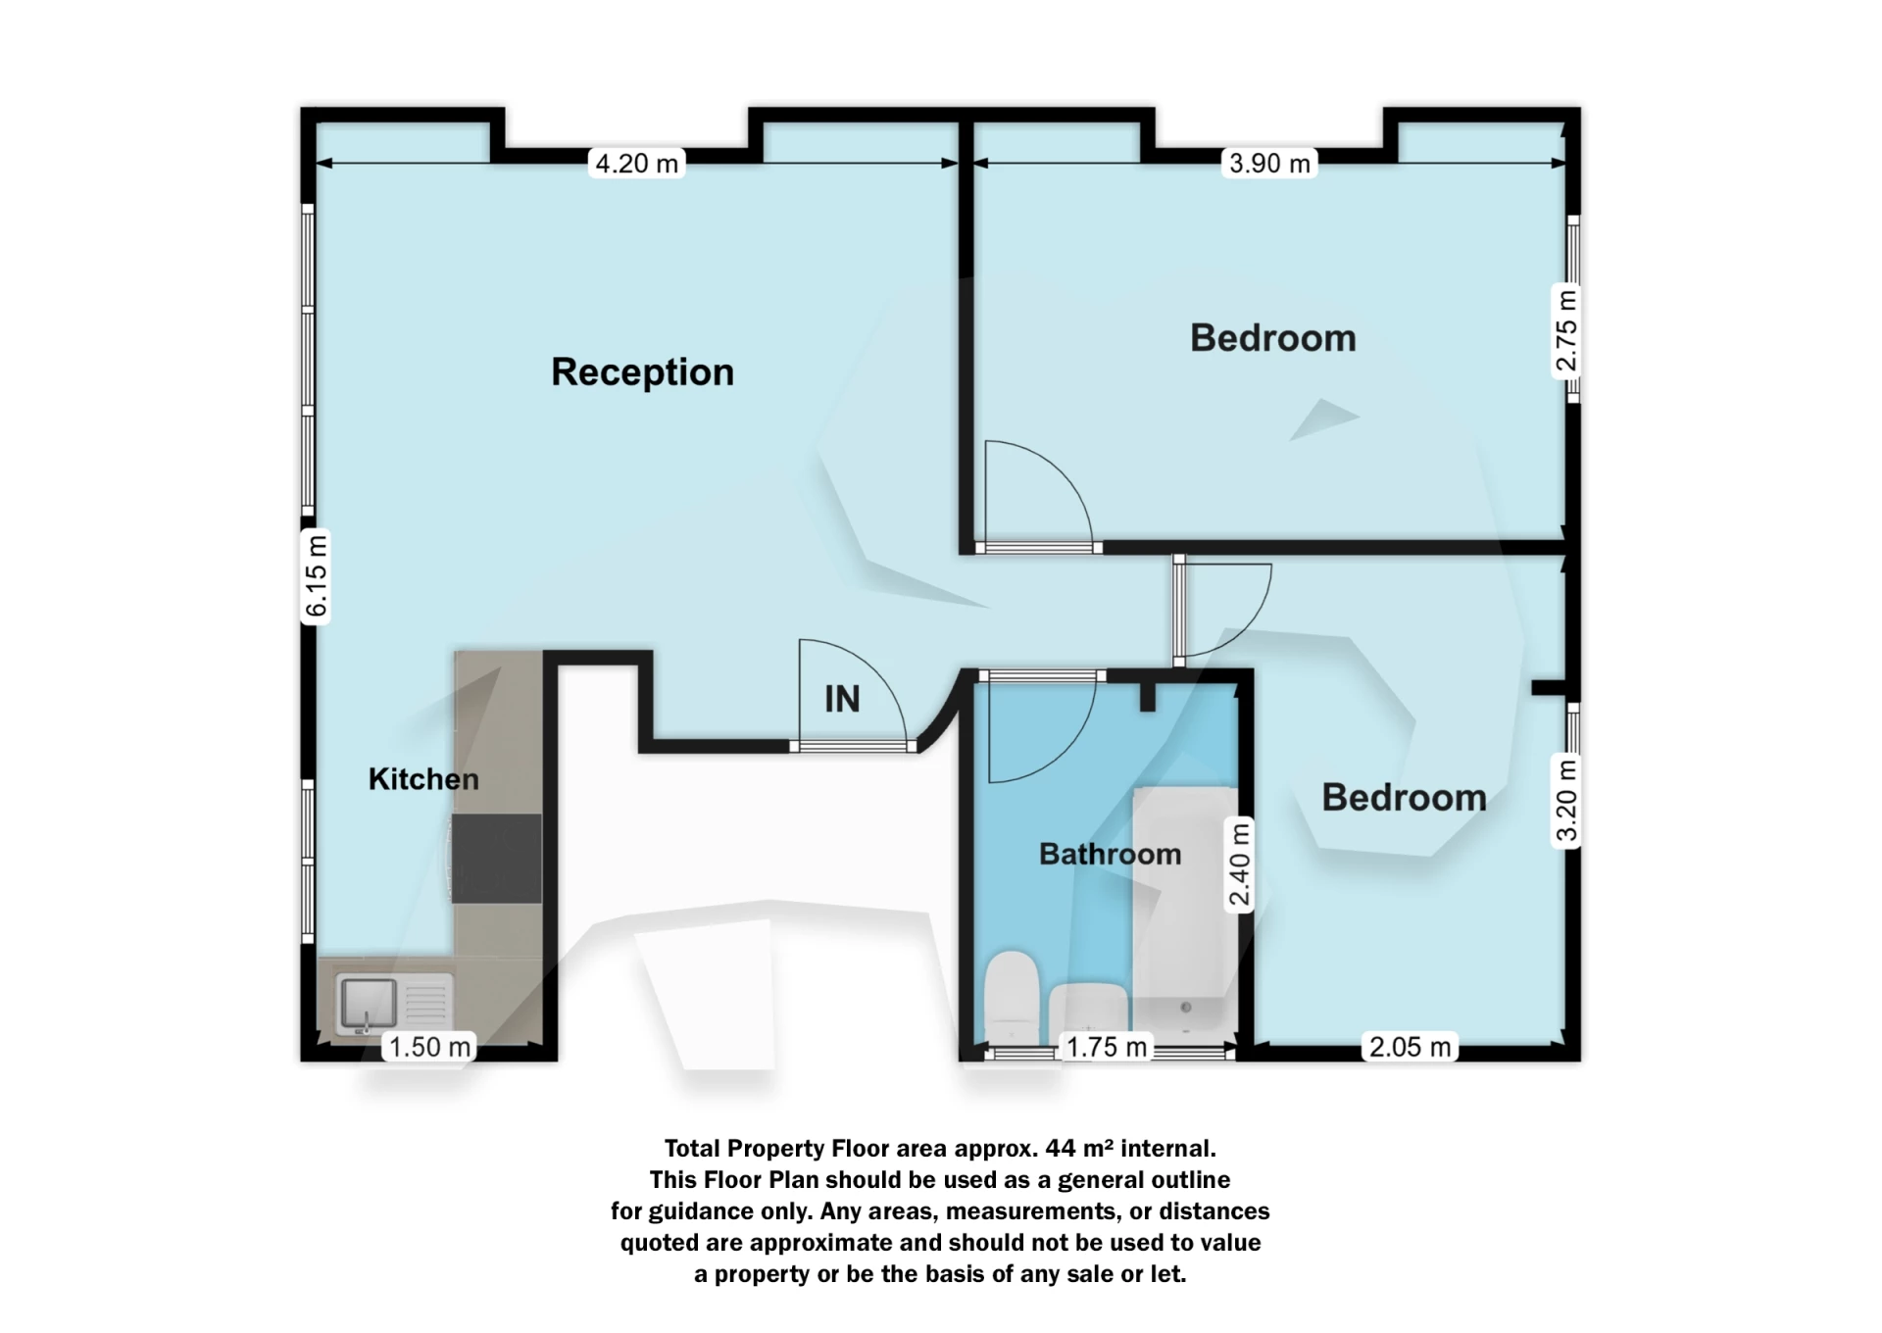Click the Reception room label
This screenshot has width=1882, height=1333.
pyautogui.click(x=642, y=372)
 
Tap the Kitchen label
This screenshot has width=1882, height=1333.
pyautogui.click(x=423, y=779)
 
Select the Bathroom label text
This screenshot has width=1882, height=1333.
pyautogui.click(x=1110, y=855)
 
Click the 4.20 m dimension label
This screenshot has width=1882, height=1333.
pyautogui.click(x=637, y=164)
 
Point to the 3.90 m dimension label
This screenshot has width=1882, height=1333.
pyautogui.click(x=1269, y=164)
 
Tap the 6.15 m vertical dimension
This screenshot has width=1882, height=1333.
pyautogui.click(x=317, y=576)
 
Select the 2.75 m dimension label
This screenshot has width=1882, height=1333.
pyautogui.click(x=1566, y=330)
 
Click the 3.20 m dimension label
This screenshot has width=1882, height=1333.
pyautogui.click(x=1566, y=802)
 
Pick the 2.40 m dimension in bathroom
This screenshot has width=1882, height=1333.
pyautogui.click(x=1240, y=864)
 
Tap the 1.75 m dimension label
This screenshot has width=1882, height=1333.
pyautogui.click(x=1107, y=1047)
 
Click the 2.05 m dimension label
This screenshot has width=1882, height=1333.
pyautogui.click(x=1410, y=1047)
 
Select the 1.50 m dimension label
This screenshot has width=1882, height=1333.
pyautogui.click(x=429, y=1047)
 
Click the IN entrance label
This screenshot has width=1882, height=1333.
pyautogui.click(x=842, y=700)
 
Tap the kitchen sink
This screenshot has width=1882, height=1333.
pyautogui.click(x=369, y=1002)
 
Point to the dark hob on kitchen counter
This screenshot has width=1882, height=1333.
pyautogui.click(x=497, y=859)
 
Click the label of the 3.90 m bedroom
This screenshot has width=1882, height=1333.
pyautogui.click(x=1272, y=338)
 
